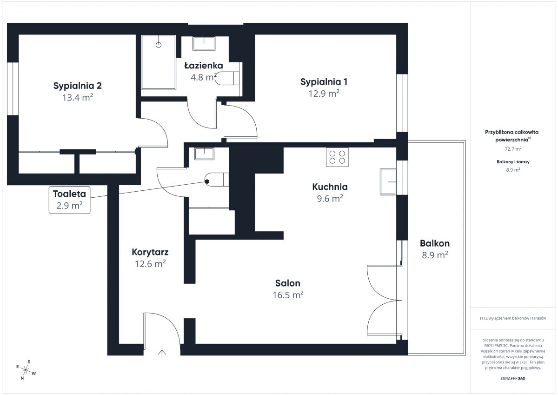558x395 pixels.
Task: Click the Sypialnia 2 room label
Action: point(78,86)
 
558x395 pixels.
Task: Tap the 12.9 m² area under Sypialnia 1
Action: point(324,94)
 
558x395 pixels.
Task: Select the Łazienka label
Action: point(204,66)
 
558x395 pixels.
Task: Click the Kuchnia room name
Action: point(330,187)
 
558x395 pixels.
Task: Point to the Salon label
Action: point(288,283)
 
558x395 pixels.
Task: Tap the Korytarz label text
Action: point(150,252)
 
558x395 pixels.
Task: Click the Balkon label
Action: point(435,243)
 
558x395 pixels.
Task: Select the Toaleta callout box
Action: point(69,200)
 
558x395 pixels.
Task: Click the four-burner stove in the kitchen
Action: point(337,157)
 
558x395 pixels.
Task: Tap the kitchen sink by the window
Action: point(388,182)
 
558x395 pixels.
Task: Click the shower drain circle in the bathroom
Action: point(159,45)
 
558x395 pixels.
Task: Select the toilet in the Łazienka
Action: point(227,78)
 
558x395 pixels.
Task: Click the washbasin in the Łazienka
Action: point(204,43)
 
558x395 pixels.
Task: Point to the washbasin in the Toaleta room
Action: point(204,154)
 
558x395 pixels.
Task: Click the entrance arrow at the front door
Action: point(162,354)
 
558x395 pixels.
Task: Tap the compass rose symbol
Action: point(26,370)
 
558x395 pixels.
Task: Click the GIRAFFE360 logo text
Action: point(513,379)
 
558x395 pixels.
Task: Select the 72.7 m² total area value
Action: point(513,149)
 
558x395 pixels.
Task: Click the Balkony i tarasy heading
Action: point(513,162)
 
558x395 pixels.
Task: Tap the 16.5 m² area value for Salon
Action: point(288,295)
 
